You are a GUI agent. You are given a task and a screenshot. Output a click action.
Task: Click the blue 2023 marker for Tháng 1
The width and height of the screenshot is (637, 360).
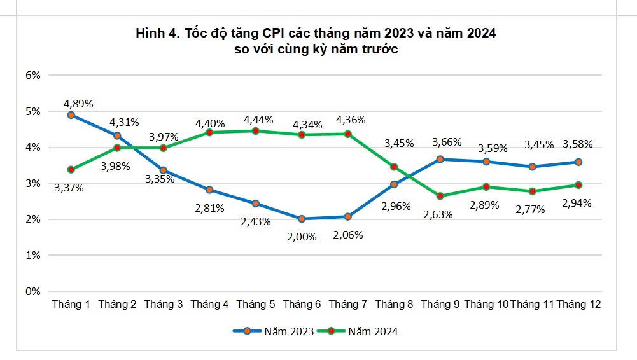[x=71, y=115]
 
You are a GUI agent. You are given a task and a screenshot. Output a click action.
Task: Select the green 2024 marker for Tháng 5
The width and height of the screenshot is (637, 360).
[x=255, y=131]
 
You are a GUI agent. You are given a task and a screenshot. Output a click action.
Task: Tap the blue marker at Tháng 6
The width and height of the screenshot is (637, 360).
[x=302, y=219]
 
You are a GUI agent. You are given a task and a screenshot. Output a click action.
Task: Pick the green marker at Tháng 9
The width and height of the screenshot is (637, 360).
[x=440, y=196]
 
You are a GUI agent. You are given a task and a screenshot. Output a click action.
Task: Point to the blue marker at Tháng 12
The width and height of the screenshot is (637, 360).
[x=578, y=162]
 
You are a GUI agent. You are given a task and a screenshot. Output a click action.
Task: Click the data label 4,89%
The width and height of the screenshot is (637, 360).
[x=78, y=103]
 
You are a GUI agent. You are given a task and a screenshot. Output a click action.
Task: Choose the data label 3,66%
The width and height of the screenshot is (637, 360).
[x=446, y=142]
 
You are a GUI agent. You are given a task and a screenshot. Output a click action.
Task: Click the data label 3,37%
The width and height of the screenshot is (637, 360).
[x=69, y=188]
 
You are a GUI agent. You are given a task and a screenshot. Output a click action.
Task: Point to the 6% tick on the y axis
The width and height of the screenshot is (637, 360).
[x=32, y=75]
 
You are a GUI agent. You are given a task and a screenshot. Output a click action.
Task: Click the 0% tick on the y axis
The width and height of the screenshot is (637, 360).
[x=32, y=291]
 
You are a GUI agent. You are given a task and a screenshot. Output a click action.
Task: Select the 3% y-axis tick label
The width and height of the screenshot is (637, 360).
[x=32, y=183]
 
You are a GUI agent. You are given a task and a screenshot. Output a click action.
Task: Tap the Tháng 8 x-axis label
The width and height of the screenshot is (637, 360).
[x=394, y=305]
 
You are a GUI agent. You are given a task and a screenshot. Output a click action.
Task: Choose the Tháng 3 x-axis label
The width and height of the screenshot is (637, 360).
[x=164, y=305]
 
